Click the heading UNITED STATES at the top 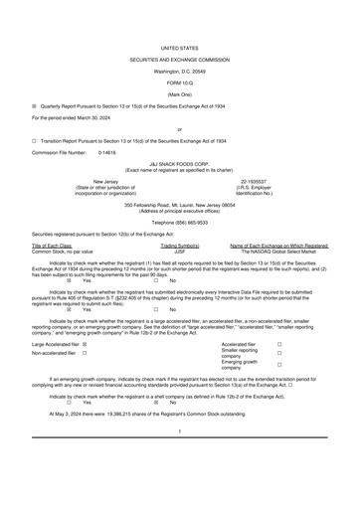180,19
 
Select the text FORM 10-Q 180,54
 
